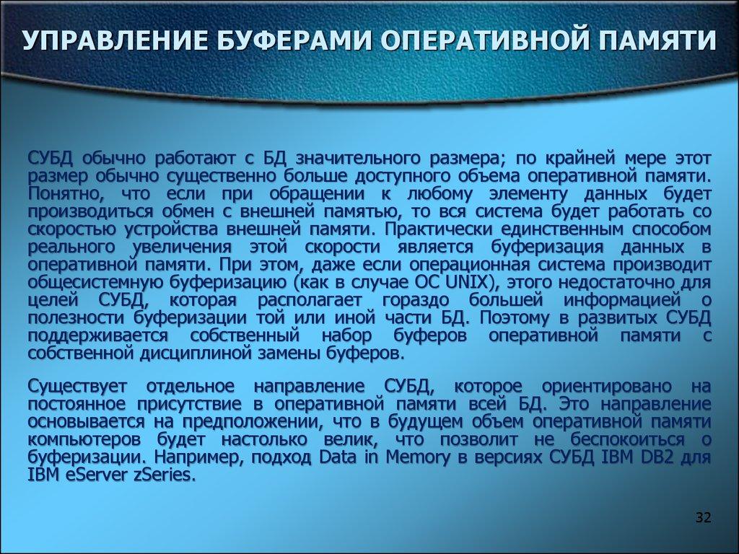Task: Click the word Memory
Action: [419, 457]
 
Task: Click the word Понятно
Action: [61, 193]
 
